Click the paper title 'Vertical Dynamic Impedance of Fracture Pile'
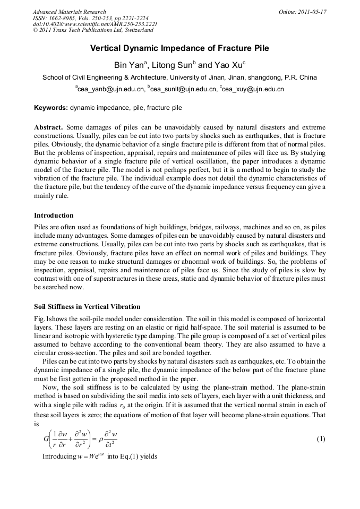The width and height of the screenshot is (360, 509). pyautogui.click(x=179, y=48)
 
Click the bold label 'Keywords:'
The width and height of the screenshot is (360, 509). pyautogui.click(x=51, y=108)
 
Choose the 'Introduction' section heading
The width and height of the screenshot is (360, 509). pyautogui.click(x=54, y=215)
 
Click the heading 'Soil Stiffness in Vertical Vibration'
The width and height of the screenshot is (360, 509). pyautogui.click(x=87, y=307)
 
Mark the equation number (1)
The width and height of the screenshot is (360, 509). pyautogui.click(x=320, y=439)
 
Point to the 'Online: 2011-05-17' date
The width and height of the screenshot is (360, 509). pyautogui.click(x=302, y=12)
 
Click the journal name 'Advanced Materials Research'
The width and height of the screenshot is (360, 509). pyautogui.click(x=69, y=12)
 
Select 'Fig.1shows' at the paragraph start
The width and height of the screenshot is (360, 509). pyautogui.click(x=51, y=317)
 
